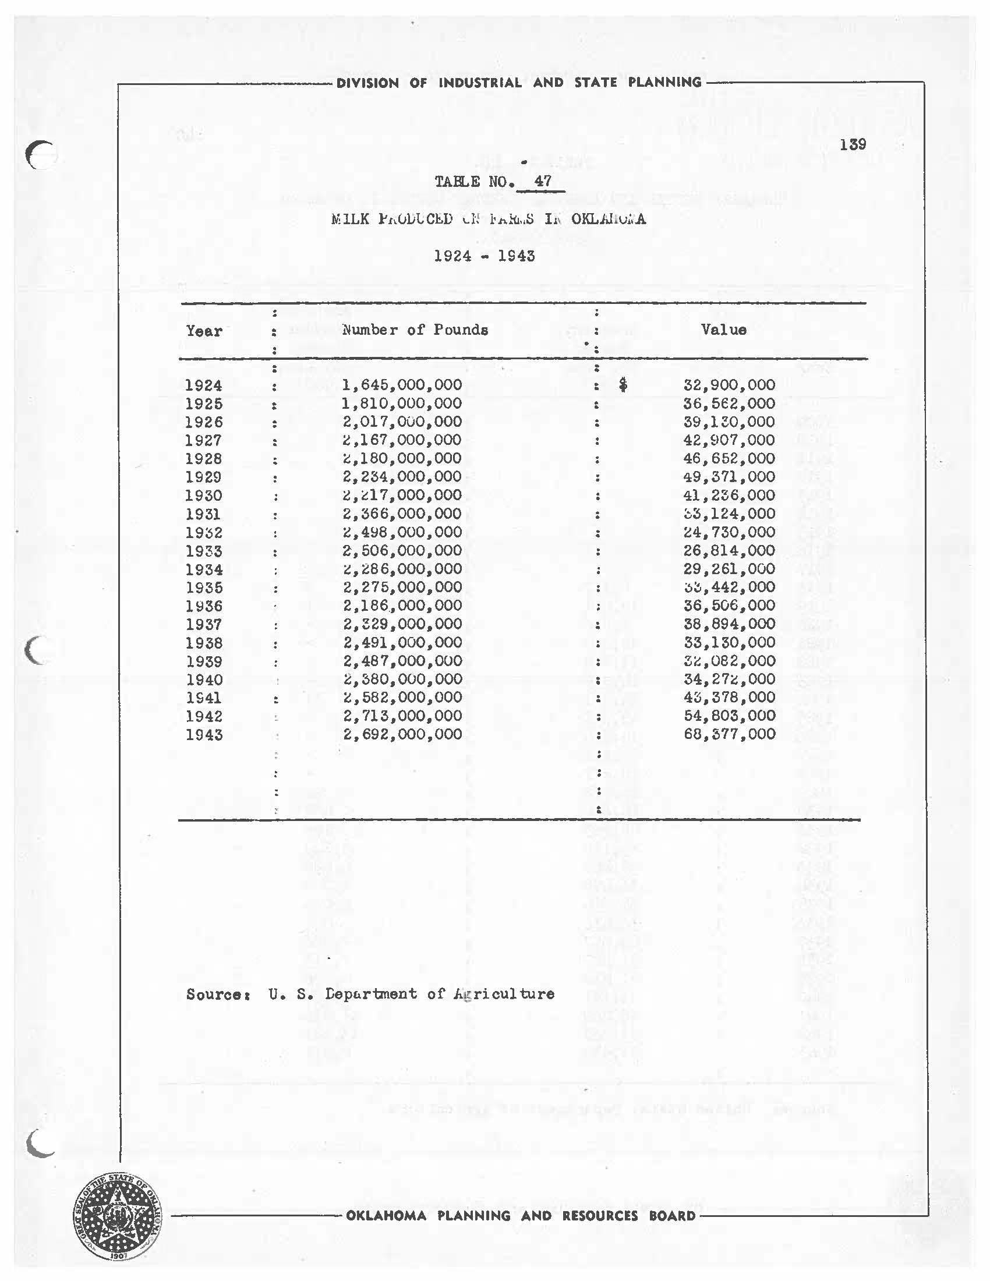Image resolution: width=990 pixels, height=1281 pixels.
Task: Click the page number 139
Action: tap(852, 144)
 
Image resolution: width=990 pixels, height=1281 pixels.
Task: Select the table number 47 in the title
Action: tap(543, 181)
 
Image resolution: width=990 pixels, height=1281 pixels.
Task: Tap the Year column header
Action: tap(204, 331)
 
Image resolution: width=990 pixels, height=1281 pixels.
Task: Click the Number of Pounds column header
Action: tap(415, 330)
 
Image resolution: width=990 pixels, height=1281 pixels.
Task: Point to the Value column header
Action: tap(723, 330)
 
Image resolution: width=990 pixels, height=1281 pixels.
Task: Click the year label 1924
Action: tap(203, 385)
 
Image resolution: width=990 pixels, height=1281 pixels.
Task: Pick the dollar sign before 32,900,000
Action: tap(623, 385)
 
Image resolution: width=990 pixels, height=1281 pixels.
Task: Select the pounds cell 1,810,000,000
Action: tap(402, 404)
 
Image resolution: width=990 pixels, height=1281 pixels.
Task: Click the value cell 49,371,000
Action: tap(729, 477)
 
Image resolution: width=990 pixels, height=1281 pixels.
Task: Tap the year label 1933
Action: tap(203, 551)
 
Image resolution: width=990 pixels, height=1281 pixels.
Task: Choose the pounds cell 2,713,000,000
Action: tap(402, 716)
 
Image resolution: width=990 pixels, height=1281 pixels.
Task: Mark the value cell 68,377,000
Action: tap(729, 734)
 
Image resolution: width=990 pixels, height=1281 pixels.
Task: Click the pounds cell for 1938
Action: tap(402, 642)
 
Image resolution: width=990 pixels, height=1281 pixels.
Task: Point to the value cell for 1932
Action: tap(729, 532)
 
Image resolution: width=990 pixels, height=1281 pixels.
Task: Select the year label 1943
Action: tap(203, 734)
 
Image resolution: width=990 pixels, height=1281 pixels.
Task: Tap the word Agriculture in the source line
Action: tap(504, 993)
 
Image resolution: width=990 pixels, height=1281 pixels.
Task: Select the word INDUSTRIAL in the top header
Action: tap(480, 83)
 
